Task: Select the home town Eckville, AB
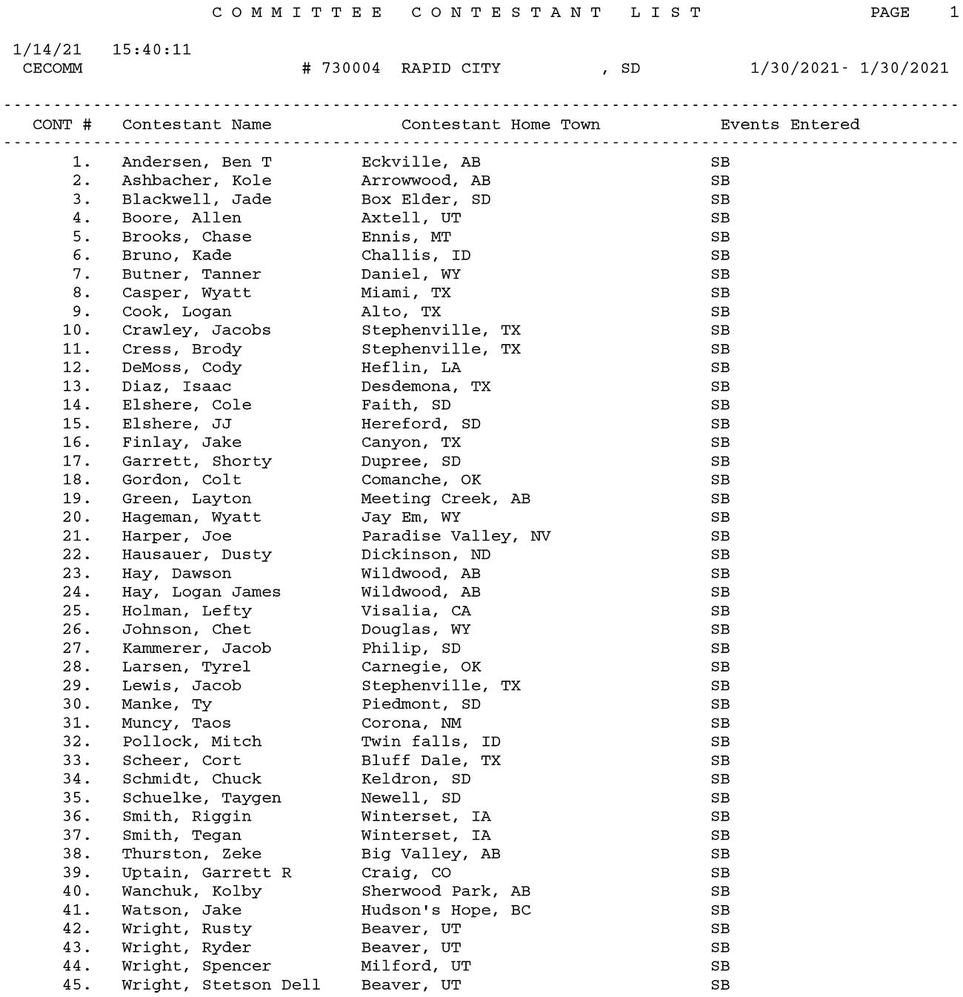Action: (420, 162)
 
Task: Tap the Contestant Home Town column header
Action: (500, 125)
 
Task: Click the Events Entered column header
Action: (790, 125)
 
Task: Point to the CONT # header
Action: (62, 125)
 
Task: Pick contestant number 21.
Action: (76, 536)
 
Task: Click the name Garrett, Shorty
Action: (196, 461)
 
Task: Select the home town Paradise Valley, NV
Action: (456, 536)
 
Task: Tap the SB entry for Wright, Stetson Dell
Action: (720, 985)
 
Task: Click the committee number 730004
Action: (350, 68)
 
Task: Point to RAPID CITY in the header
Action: (450, 68)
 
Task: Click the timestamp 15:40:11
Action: (152, 50)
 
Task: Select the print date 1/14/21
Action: (47, 50)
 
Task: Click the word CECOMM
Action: (53, 68)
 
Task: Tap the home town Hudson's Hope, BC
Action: (446, 910)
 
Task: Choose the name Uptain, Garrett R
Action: (207, 872)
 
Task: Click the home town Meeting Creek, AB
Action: (445, 499)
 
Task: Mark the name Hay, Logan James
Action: (201, 592)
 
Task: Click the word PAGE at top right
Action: (890, 13)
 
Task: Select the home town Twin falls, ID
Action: (430, 742)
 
